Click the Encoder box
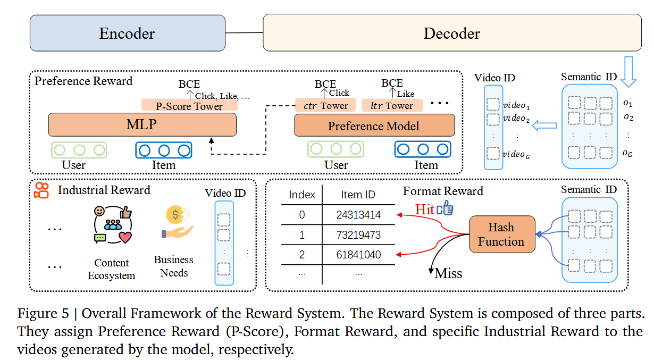coord(127,33)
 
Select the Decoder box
coord(451,33)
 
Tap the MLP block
coord(142,124)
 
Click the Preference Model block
coord(374,126)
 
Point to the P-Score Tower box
coord(189,106)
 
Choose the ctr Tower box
coord(325,106)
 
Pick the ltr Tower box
coord(392,106)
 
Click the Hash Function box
coord(501,234)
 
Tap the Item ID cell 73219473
coord(358,235)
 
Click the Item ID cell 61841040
coord(358,255)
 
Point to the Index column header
coord(302,195)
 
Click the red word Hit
coord(424,210)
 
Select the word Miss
coord(448,273)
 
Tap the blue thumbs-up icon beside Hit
coord(445,209)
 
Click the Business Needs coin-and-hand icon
coord(176,223)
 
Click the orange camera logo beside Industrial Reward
coord(42,190)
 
